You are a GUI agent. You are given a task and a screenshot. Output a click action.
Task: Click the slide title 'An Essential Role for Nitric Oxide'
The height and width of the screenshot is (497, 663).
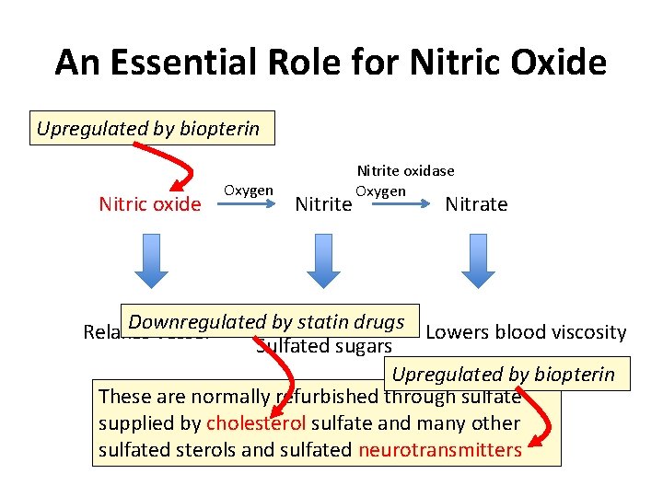click(x=331, y=63)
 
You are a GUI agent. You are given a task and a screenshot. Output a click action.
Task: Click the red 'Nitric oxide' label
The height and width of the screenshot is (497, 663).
click(x=149, y=203)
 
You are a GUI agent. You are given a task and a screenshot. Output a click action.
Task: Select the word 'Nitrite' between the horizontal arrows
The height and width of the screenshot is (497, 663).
click(x=322, y=204)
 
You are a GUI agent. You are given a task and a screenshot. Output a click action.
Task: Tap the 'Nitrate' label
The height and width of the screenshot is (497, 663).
click(x=476, y=203)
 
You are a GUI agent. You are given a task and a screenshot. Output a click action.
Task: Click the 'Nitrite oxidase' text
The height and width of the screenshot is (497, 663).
click(x=405, y=170)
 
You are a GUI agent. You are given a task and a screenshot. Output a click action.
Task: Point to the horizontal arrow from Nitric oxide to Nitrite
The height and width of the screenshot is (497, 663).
click(x=248, y=207)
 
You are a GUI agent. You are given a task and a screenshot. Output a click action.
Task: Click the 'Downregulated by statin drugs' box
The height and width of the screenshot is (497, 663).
click(x=267, y=321)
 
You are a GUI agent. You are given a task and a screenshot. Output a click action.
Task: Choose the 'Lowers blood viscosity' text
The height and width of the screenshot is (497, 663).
click(x=527, y=332)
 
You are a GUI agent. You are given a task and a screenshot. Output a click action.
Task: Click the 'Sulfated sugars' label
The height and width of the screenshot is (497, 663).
click(x=324, y=346)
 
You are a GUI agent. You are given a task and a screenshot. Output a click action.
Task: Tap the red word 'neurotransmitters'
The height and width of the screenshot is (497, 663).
click(x=440, y=449)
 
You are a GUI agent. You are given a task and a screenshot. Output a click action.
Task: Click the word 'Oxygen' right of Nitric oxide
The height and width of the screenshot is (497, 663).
click(x=248, y=190)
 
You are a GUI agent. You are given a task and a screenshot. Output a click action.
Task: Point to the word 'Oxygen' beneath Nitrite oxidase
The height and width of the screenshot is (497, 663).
click(x=380, y=191)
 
